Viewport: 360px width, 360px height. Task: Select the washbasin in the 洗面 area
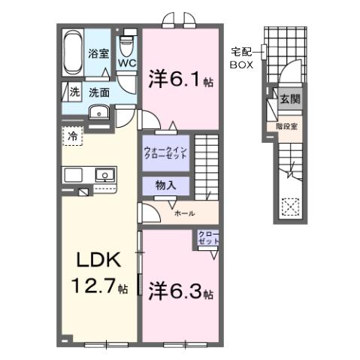click(x=99, y=113)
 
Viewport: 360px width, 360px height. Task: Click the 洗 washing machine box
click(x=74, y=92)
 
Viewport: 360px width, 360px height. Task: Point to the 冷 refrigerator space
click(x=73, y=138)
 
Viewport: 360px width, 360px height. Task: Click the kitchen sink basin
click(x=104, y=175)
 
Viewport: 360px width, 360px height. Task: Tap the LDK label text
click(x=98, y=261)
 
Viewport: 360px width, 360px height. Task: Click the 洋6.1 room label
click(x=180, y=77)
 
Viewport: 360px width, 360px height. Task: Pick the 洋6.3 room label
click(x=181, y=289)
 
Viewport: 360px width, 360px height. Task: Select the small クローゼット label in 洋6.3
click(x=208, y=240)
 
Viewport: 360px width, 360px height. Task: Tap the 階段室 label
click(x=288, y=126)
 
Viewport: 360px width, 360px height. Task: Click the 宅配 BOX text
click(x=241, y=58)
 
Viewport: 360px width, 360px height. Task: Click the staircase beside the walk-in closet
click(x=205, y=165)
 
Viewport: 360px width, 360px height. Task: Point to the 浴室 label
click(x=98, y=53)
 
